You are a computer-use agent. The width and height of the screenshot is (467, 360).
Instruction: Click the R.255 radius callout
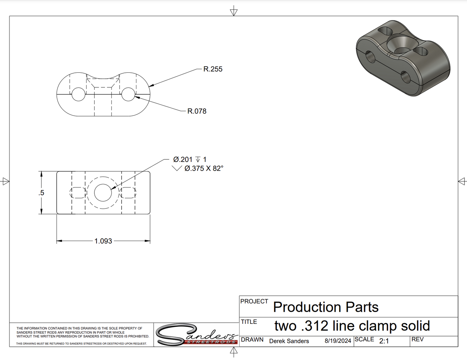pos(213,69)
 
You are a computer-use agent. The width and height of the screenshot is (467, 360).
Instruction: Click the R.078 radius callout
pos(197,111)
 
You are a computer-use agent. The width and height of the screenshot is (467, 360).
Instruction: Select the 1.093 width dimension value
pos(103,241)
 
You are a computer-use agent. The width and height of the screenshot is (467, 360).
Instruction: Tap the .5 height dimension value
pos(41,193)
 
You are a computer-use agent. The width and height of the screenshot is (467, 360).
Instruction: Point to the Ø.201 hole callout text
pos(183,160)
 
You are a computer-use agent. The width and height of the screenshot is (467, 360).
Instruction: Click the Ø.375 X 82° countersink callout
pos(204,168)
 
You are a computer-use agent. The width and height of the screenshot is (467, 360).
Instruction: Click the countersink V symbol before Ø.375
pos(177,168)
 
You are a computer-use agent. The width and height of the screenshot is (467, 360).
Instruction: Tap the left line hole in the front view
pos(79,94)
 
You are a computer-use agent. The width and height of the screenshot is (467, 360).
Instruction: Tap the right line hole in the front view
pos(128,94)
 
